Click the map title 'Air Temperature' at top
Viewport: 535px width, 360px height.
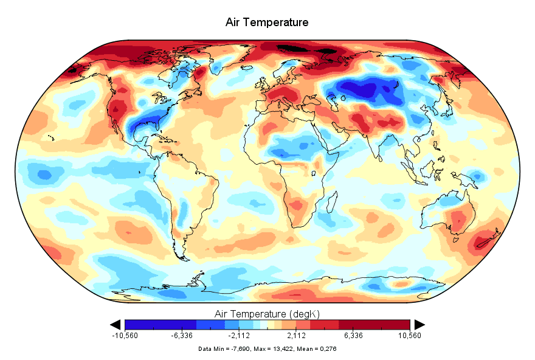(x=267, y=22)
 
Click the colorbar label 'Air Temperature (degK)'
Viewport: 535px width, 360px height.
(x=267, y=314)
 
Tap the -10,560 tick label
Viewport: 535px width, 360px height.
(x=125, y=336)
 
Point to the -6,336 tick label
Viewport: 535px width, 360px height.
(x=182, y=336)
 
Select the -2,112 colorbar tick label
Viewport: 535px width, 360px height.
(x=239, y=336)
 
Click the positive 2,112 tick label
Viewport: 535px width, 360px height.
(x=296, y=336)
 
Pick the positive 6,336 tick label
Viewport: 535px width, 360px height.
(x=353, y=336)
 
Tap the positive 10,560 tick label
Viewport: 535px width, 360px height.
(x=410, y=336)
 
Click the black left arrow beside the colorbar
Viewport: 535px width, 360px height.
(x=115, y=324)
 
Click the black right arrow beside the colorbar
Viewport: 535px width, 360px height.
(x=419, y=324)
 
